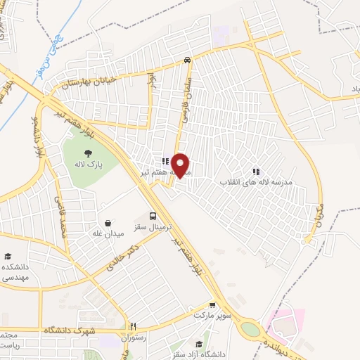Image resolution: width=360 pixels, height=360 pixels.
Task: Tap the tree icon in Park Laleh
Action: click(x=87, y=153)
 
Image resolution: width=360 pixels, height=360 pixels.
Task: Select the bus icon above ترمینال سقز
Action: click(x=153, y=216)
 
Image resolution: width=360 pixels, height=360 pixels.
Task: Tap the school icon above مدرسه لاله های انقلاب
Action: click(x=255, y=171)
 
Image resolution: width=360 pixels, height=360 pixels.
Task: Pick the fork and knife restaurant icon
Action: click(x=133, y=326)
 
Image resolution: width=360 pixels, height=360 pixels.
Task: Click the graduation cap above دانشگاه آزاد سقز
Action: click(x=199, y=344)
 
